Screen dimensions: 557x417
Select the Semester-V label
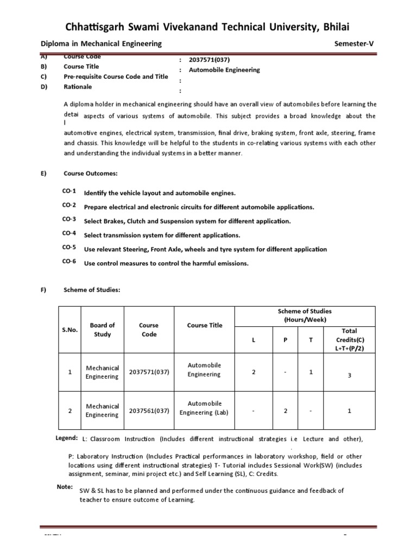[x=356, y=44]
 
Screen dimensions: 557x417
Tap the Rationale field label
[x=78, y=86]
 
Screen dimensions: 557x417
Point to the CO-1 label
[x=69, y=192]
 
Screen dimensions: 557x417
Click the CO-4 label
[x=69, y=233]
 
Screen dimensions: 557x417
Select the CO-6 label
[x=69, y=262]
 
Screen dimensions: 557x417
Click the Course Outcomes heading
[x=90, y=174]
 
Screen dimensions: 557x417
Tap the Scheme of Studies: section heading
[x=92, y=290]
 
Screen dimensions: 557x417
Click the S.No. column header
[x=71, y=330]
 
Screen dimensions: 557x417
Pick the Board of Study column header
[x=102, y=330]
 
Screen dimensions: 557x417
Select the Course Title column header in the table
[x=205, y=325]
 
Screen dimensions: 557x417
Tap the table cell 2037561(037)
[x=149, y=411]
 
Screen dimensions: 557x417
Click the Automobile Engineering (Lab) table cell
[x=205, y=408]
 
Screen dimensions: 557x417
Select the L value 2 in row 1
[x=253, y=372]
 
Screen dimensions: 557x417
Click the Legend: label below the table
[x=67, y=438]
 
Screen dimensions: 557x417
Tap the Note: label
[x=65, y=486]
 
